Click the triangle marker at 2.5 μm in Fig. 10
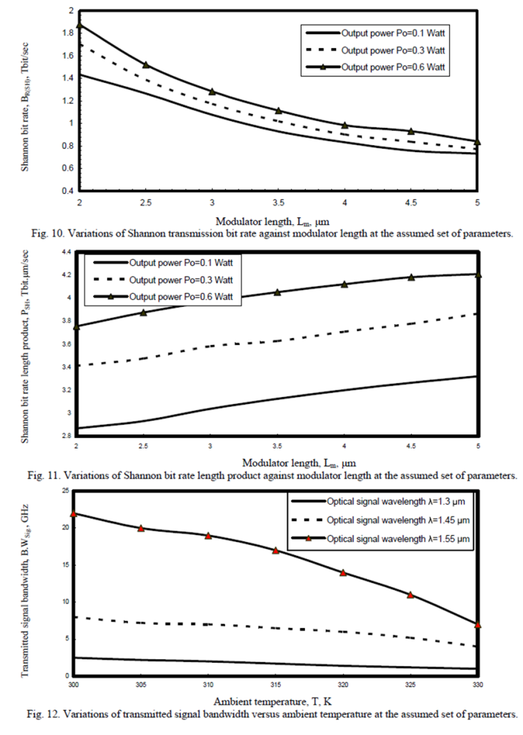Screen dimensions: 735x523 [145, 65]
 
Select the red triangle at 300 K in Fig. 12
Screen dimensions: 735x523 [74, 514]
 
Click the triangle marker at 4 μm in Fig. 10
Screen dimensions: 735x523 [345, 125]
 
